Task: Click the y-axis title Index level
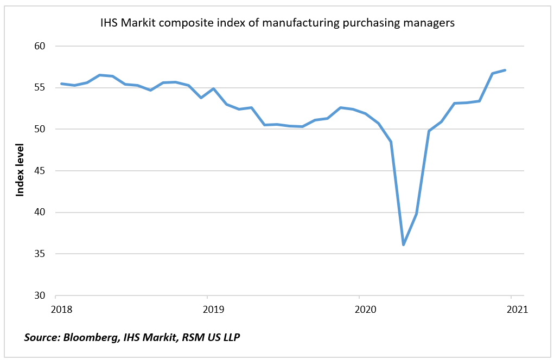[x=20, y=170]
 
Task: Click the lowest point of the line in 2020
[x=403, y=245]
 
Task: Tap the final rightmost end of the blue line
[x=505, y=70]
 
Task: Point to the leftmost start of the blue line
[x=61, y=83]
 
